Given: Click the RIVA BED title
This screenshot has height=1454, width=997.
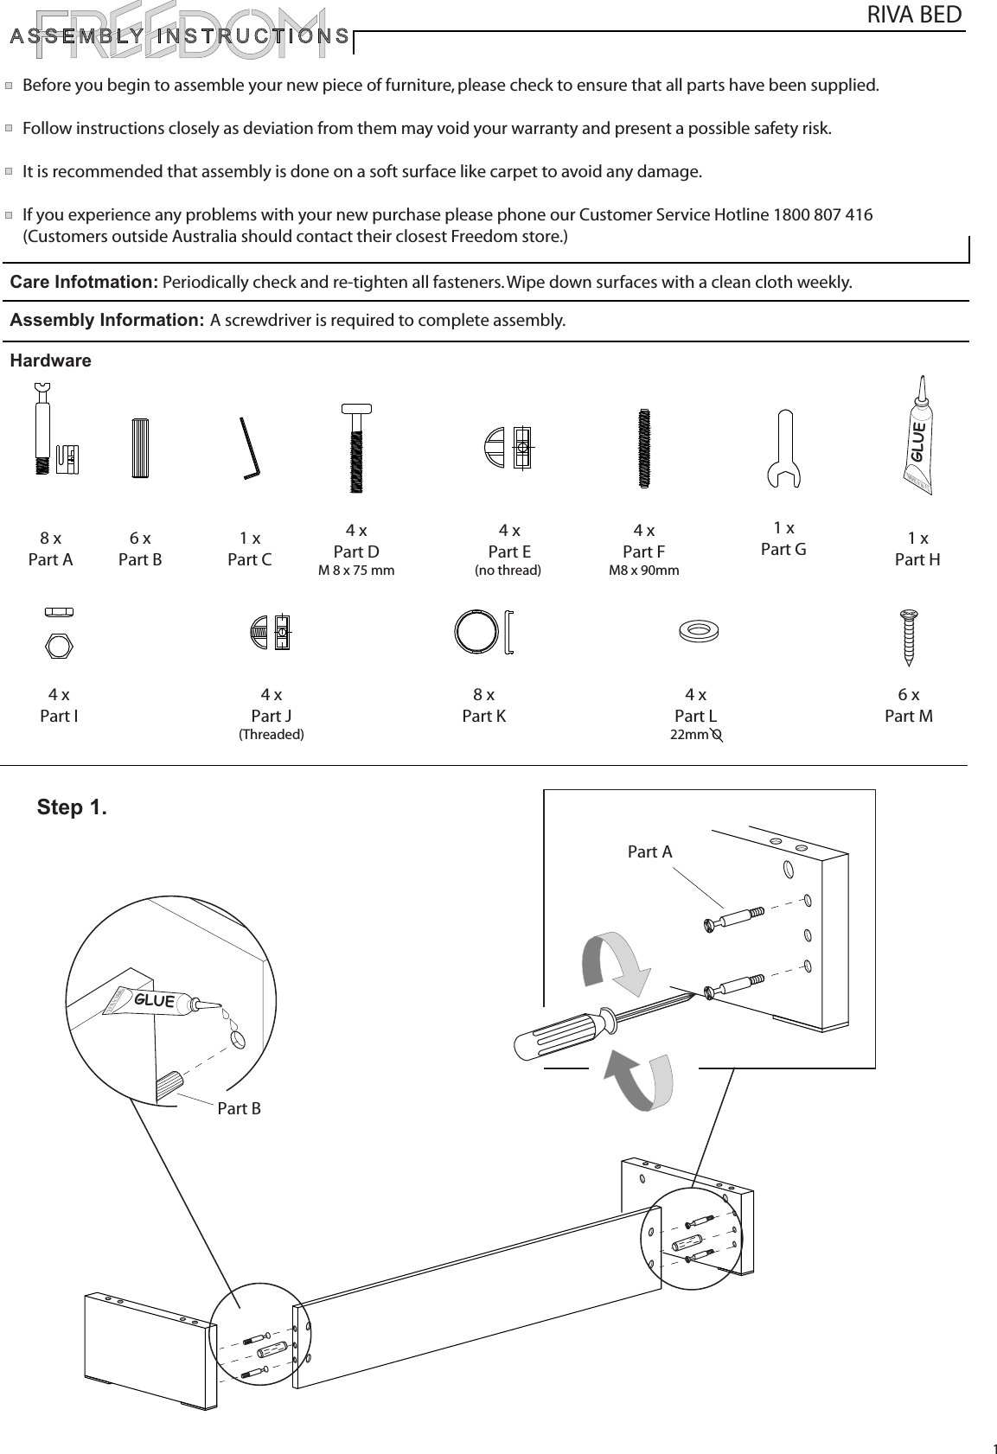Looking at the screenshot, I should pos(913,15).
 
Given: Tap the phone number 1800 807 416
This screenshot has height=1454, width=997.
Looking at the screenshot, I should pos(821,214).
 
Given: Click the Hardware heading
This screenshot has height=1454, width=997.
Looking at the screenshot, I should pos(50,360).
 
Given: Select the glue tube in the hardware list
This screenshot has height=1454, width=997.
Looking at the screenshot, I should pos(917,433).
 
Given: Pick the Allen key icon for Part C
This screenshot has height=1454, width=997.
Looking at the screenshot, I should pos(249,448).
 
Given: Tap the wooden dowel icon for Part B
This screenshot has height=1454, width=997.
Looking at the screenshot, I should pos(141,448).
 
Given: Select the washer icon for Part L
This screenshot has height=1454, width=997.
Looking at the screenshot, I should pos(699,630).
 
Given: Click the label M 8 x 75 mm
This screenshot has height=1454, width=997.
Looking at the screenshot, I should pos(356,571).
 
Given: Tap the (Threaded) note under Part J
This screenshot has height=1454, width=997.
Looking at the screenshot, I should pos(271,735).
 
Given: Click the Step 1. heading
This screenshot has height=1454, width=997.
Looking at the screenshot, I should pos(72,807).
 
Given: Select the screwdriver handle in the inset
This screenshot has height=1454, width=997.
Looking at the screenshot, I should pos(553,1034).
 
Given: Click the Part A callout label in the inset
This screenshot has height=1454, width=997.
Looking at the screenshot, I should pos(649,852).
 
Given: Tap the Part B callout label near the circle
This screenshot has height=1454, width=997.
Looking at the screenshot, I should pos(239,1108).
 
